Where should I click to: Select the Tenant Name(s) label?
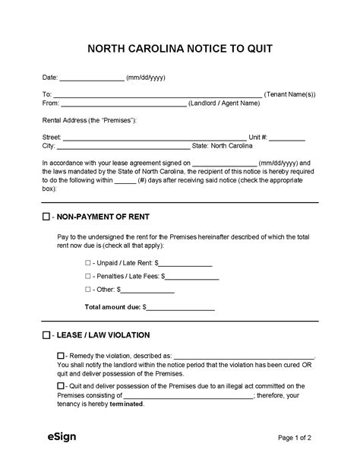(x=290, y=94)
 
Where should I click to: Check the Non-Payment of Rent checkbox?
(x=46, y=217)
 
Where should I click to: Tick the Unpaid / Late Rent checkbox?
(x=88, y=262)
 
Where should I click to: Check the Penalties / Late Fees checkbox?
(x=88, y=277)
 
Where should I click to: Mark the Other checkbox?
(x=88, y=290)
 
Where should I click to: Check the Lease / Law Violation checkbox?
(x=46, y=334)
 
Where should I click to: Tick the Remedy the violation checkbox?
(x=61, y=356)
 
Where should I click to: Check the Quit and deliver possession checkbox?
(x=61, y=385)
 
